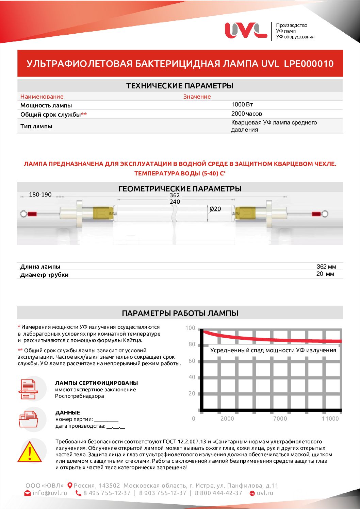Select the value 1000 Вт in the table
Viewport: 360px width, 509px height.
242,104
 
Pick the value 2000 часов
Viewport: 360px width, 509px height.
246,114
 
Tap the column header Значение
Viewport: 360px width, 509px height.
197,97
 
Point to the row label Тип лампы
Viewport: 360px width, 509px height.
36,126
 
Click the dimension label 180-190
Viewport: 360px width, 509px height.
40,194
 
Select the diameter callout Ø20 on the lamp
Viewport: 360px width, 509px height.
215,209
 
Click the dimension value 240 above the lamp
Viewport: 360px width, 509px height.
175,202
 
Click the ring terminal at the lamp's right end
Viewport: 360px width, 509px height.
325,214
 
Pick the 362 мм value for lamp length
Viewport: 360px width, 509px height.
326,267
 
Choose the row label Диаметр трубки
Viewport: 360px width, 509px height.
44,275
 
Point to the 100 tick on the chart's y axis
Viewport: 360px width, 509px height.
190,328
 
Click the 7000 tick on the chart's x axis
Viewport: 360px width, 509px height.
280,419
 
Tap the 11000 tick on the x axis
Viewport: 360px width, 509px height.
330,419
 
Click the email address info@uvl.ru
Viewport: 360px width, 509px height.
50,493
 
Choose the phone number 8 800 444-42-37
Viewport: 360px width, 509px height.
218,493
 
